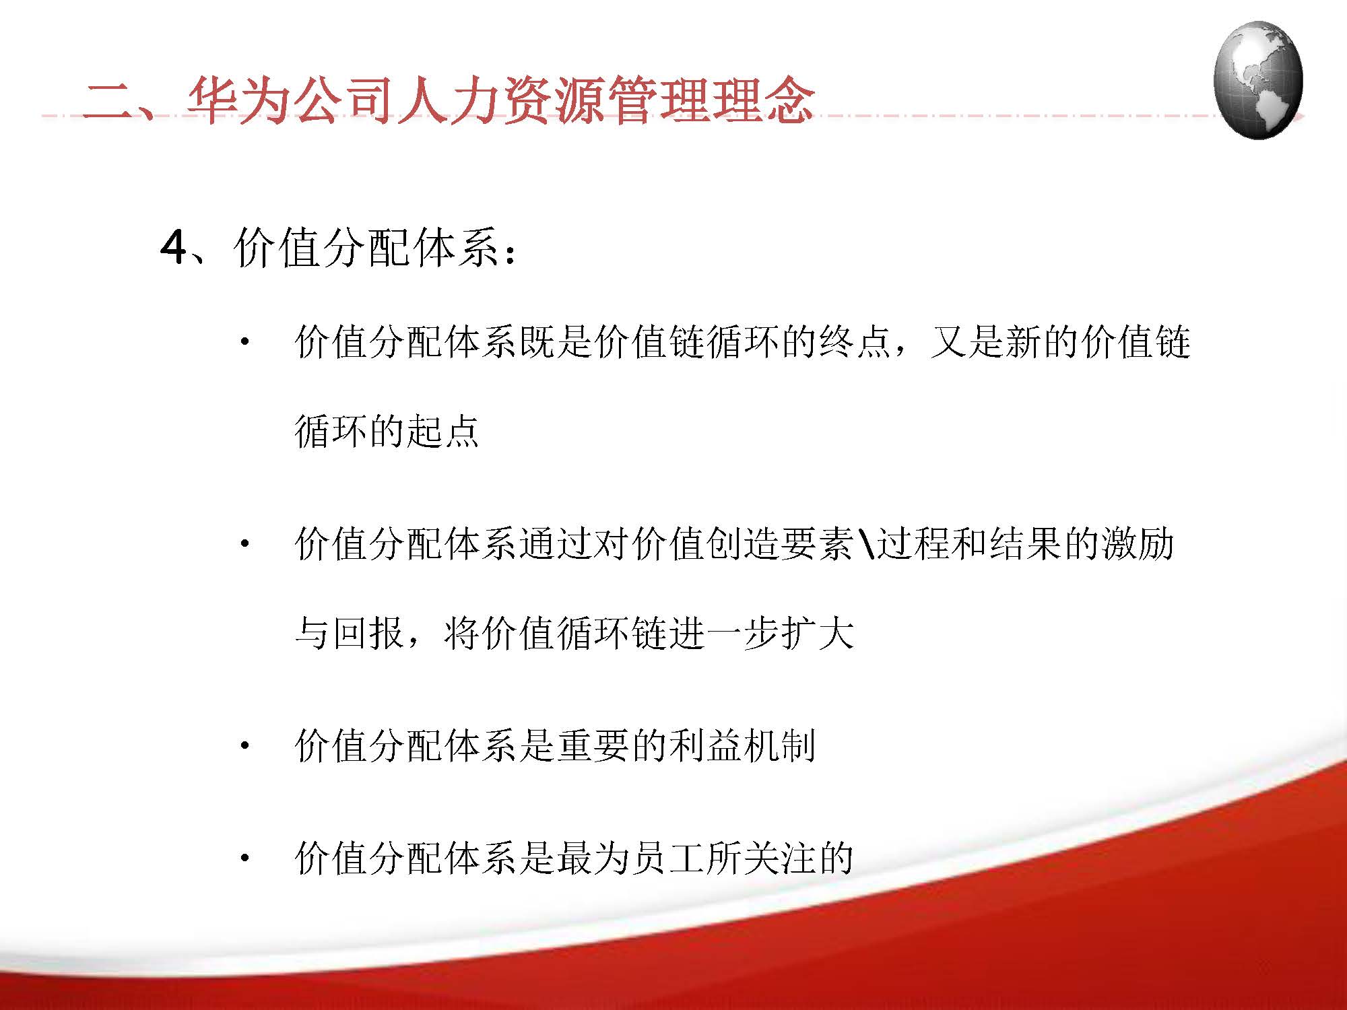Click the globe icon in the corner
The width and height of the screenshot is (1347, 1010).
tap(1257, 79)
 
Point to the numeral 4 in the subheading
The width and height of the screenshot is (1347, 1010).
tap(173, 248)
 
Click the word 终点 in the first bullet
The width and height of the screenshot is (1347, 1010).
tap(855, 341)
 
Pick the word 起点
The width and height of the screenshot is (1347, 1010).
tap(442, 431)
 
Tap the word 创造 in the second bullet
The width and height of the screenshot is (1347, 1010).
tap(743, 543)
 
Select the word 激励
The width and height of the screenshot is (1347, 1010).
tap(1138, 543)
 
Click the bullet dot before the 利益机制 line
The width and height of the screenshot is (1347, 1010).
tap(245, 745)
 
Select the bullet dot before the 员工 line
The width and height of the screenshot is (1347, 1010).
tap(245, 858)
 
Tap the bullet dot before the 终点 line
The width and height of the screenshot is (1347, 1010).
tap(245, 341)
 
